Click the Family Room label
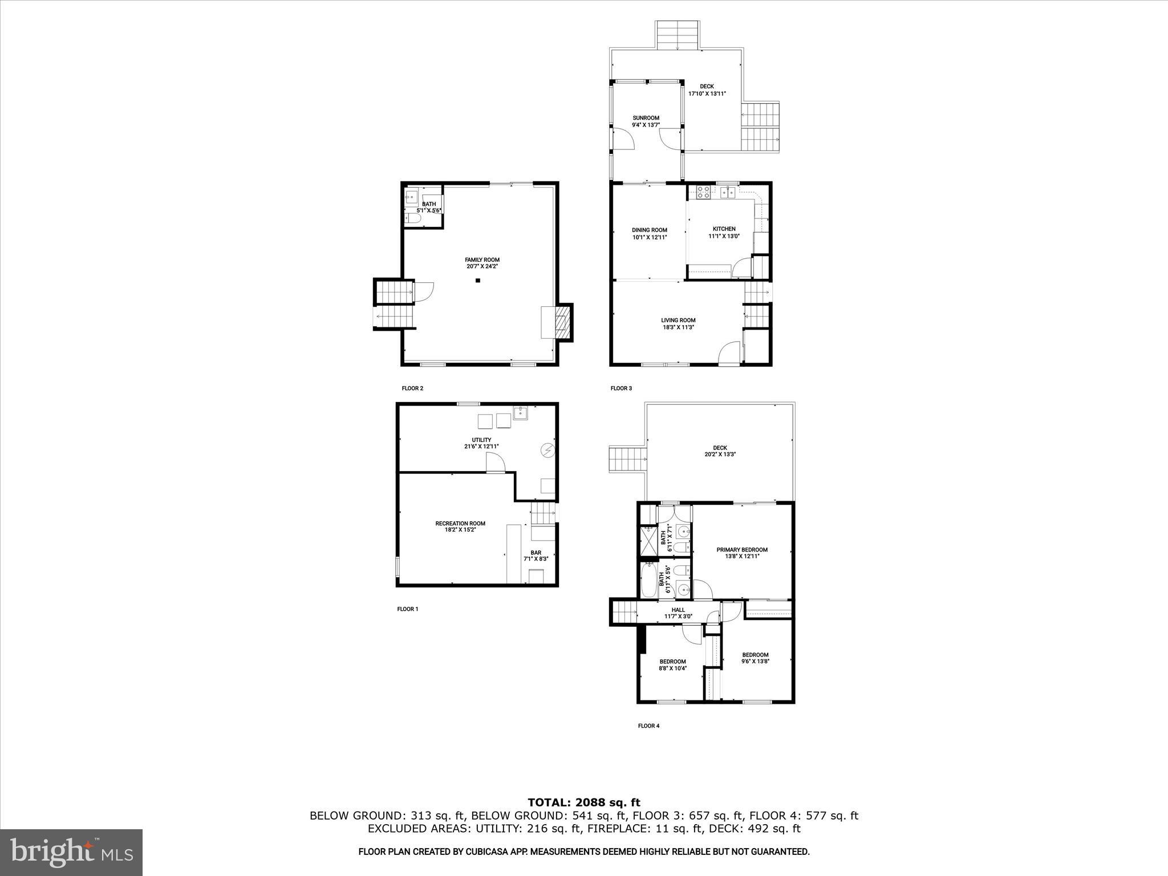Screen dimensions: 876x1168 (x=482, y=260)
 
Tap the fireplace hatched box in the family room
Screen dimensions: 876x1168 (x=562, y=323)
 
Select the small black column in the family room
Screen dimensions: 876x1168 (x=478, y=280)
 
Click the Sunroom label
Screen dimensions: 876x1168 (x=646, y=118)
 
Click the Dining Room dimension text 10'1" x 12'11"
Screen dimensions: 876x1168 (x=649, y=237)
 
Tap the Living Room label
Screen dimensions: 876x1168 (x=678, y=321)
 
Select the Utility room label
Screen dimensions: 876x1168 (x=481, y=440)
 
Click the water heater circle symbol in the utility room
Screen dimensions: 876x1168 (x=547, y=451)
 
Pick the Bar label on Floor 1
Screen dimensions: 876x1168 (x=536, y=553)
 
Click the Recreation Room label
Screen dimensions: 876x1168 (x=460, y=524)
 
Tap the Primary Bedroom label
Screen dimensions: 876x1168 (x=742, y=550)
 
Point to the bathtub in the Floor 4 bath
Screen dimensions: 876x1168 (x=648, y=581)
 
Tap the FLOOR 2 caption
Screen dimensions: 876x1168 (x=412, y=388)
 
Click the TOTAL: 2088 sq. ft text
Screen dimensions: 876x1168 (x=584, y=803)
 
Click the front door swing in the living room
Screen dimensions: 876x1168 (x=728, y=354)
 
